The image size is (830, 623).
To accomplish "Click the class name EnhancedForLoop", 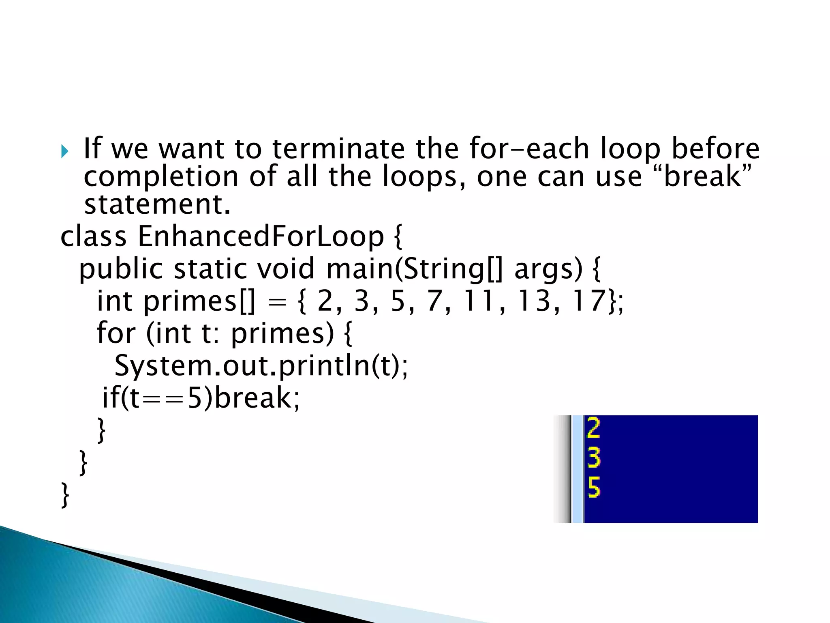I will [x=261, y=236].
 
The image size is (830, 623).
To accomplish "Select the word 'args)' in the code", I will [x=548, y=269].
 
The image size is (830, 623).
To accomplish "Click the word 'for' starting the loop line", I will [x=116, y=333].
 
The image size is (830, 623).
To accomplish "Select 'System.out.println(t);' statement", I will [x=261, y=366].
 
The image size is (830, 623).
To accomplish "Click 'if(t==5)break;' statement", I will [x=201, y=398].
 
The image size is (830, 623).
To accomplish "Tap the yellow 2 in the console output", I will [x=593, y=428].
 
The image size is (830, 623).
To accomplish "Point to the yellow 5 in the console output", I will [x=593, y=487].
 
